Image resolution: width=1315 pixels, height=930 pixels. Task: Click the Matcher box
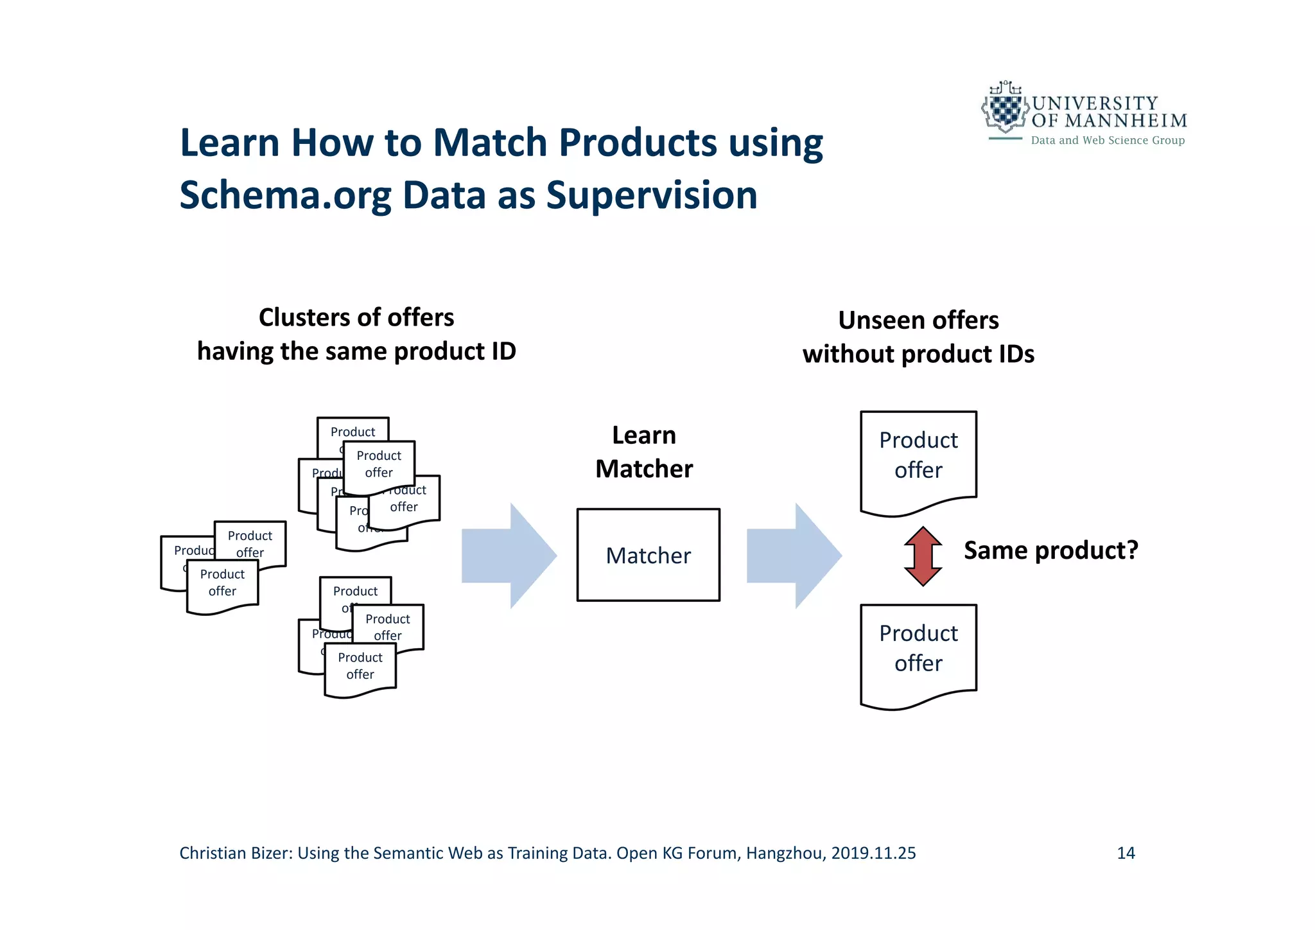pyautogui.click(x=648, y=555)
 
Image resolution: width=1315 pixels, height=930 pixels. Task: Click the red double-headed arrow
pyautogui.click(x=923, y=556)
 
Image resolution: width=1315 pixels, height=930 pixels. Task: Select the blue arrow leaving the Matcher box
pyautogui.click(x=794, y=556)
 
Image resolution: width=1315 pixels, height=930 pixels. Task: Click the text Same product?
pyautogui.click(x=1050, y=550)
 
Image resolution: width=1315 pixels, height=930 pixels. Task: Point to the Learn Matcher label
pyautogui.click(x=644, y=452)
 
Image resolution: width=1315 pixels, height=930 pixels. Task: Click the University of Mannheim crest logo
pyautogui.click(x=1004, y=109)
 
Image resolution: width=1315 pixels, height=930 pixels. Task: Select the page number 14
pyautogui.click(x=1126, y=853)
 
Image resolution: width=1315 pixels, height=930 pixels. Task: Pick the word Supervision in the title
pyautogui.click(x=651, y=195)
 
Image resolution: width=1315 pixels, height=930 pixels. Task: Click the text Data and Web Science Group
pyautogui.click(x=1108, y=141)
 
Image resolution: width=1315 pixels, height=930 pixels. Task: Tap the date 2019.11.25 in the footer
pyautogui.click(x=873, y=853)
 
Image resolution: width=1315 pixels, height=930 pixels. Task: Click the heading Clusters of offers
pyautogui.click(x=356, y=317)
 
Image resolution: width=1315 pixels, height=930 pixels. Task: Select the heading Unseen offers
pyautogui.click(x=918, y=320)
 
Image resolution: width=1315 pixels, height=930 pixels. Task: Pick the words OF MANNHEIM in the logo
pyautogui.click(x=1109, y=121)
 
